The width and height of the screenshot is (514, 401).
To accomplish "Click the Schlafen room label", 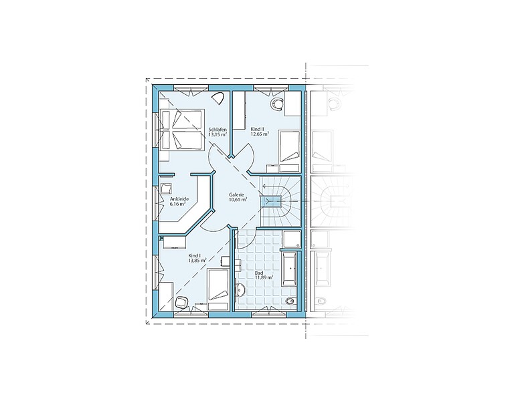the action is [218, 129].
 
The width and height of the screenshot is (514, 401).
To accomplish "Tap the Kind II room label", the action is [257, 129].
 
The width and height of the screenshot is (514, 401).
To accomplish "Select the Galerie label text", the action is [237, 194].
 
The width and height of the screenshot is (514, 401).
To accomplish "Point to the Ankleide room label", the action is [179, 199].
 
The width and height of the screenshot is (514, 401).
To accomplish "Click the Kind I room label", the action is [194, 256].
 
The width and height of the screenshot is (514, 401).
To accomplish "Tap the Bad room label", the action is [258, 273].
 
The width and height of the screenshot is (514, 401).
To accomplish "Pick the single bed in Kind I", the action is [218, 289].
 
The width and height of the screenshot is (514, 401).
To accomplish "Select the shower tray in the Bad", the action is [291, 239].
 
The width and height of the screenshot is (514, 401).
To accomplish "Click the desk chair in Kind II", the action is [277, 104].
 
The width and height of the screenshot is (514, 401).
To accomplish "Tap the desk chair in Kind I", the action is [182, 302].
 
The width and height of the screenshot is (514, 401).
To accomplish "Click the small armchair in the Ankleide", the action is [165, 189].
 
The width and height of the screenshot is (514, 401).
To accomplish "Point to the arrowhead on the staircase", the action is [264, 187].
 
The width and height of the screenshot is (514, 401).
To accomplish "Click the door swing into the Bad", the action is [248, 239].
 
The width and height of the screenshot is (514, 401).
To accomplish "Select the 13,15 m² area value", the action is [218, 134].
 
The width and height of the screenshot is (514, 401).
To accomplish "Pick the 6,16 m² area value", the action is [178, 204].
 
